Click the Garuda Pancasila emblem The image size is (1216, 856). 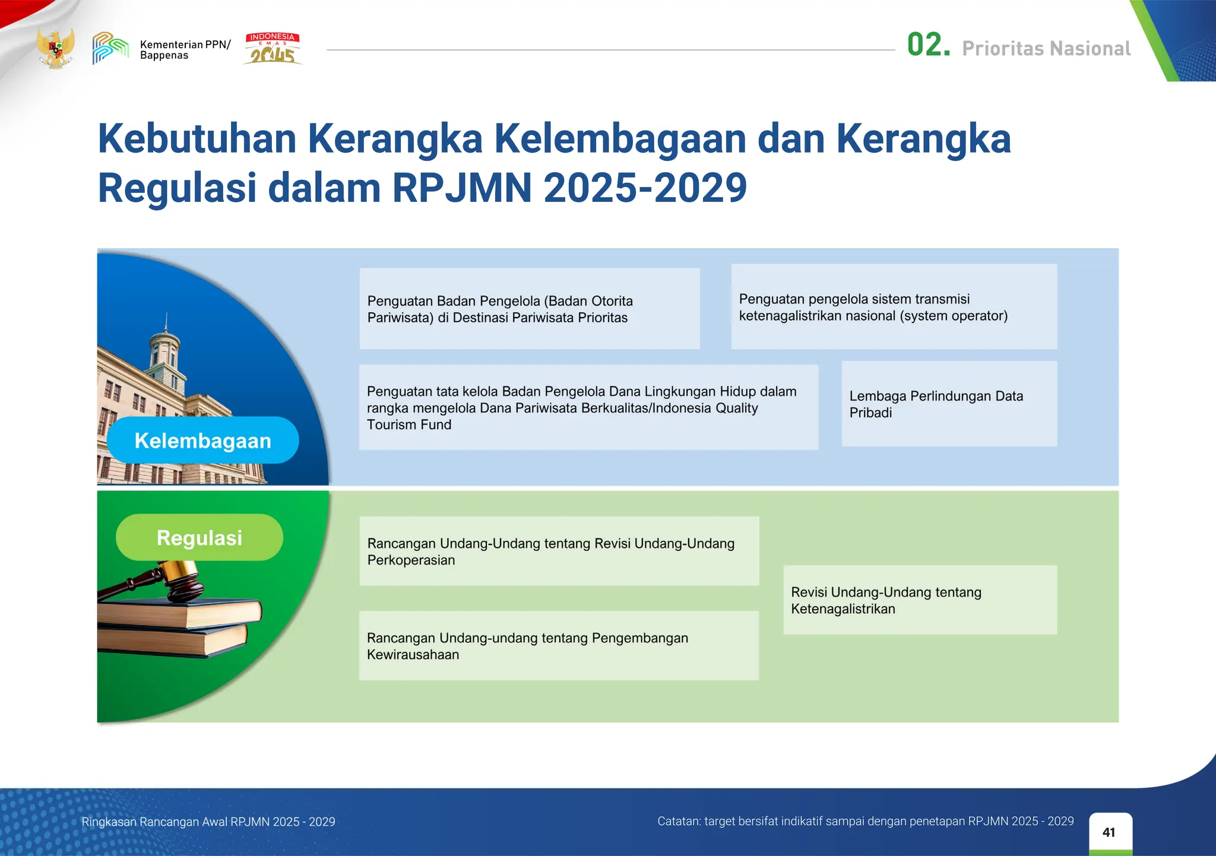click(x=55, y=47)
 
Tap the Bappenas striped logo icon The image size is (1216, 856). click(x=110, y=48)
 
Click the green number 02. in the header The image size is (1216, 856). click(x=928, y=46)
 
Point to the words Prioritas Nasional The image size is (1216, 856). click(x=1046, y=49)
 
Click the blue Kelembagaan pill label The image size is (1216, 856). click(x=202, y=440)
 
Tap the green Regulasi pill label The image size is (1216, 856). click(x=199, y=537)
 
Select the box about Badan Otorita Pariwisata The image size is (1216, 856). click(x=529, y=309)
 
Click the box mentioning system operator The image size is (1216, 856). click(x=894, y=307)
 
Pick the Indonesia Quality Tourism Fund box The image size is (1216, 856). click(x=588, y=407)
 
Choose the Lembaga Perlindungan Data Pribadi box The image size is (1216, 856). click(x=949, y=404)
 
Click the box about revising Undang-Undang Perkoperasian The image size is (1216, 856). click(x=559, y=551)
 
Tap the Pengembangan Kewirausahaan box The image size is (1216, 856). click(x=559, y=646)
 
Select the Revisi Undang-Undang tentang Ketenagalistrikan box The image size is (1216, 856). click(x=920, y=600)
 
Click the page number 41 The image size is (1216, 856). click(x=1109, y=832)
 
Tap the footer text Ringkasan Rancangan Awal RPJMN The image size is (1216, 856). click(x=208, y=822)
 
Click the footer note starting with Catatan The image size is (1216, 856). click(x=865, y=821)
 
